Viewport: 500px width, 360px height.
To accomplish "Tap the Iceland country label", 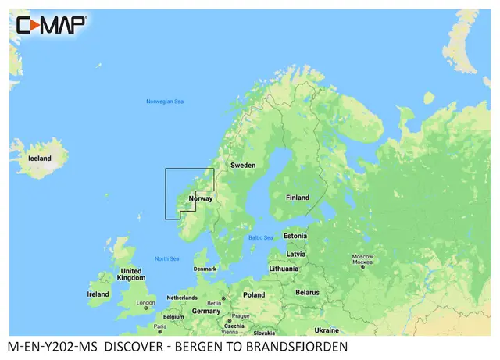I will pyautogui.click(x=40, y=159).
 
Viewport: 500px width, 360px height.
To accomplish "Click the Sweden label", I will pyautogui.click(x=242, y=166).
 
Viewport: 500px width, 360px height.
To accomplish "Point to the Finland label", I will pyautogui.click(x=297, y=198).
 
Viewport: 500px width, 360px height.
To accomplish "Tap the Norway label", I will pyautogui.click(x=201, y=198).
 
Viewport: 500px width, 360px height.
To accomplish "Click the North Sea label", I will pyautogui.click(x=166, y=258).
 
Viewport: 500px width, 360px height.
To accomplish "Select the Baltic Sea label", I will pyautogui.click(x=260, y=238).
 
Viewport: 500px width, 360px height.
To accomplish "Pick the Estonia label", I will pyautogui.click(x=295, y=236).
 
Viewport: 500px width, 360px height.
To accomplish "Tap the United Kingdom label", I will pyautogui.click(x=130, y=274).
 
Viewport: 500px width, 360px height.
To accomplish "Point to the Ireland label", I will pyautogui.click(x=98, y=294).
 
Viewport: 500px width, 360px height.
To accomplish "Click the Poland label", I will pyautogui.click(x=254, y=295).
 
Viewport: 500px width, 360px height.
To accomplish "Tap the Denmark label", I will pyautogui.click(x=205, y=269).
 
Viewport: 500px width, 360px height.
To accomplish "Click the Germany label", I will pyautogui.click(x=206, y=311).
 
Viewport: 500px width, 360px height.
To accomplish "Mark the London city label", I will pyautogui.click(x=146, y=303).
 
